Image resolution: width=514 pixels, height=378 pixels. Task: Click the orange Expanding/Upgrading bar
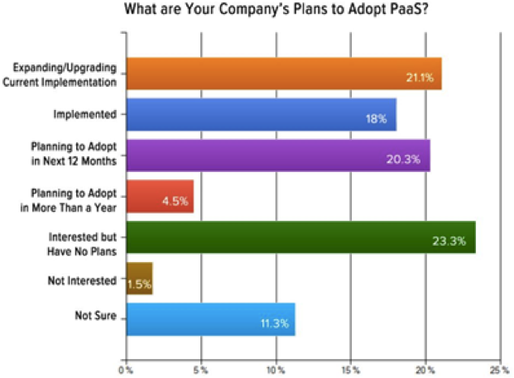point(284,74)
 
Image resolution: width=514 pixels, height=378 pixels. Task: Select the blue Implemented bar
point(262,115)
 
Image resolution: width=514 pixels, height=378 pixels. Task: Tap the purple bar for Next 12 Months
point(278,156)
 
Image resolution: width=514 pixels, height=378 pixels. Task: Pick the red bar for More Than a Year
point(160,197)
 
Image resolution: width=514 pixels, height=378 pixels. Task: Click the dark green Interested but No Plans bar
point(301,237)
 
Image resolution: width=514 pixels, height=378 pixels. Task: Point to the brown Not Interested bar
point(139,279)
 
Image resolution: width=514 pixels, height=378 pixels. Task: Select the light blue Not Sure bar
point(211,319)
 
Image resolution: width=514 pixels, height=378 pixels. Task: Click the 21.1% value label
point(420,78)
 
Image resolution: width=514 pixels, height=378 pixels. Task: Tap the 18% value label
point(376,118)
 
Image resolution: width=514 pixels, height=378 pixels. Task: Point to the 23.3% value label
point(449,242)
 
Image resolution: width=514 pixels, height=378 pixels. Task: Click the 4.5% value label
point(175,201)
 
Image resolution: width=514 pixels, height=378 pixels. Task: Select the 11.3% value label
point(275,323)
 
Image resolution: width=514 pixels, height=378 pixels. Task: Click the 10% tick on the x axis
point(276,371)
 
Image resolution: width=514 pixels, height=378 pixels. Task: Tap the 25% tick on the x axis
point(501,371)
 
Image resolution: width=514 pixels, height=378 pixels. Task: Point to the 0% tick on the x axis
point(126,371)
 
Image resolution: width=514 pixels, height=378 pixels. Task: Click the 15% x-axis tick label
point(351,371)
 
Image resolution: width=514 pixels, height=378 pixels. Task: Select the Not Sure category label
point(96,315)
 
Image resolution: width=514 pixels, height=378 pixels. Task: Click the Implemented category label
point(85,114)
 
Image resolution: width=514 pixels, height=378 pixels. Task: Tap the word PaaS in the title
point(410,9)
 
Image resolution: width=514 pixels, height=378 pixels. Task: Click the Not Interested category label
point(82,280)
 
